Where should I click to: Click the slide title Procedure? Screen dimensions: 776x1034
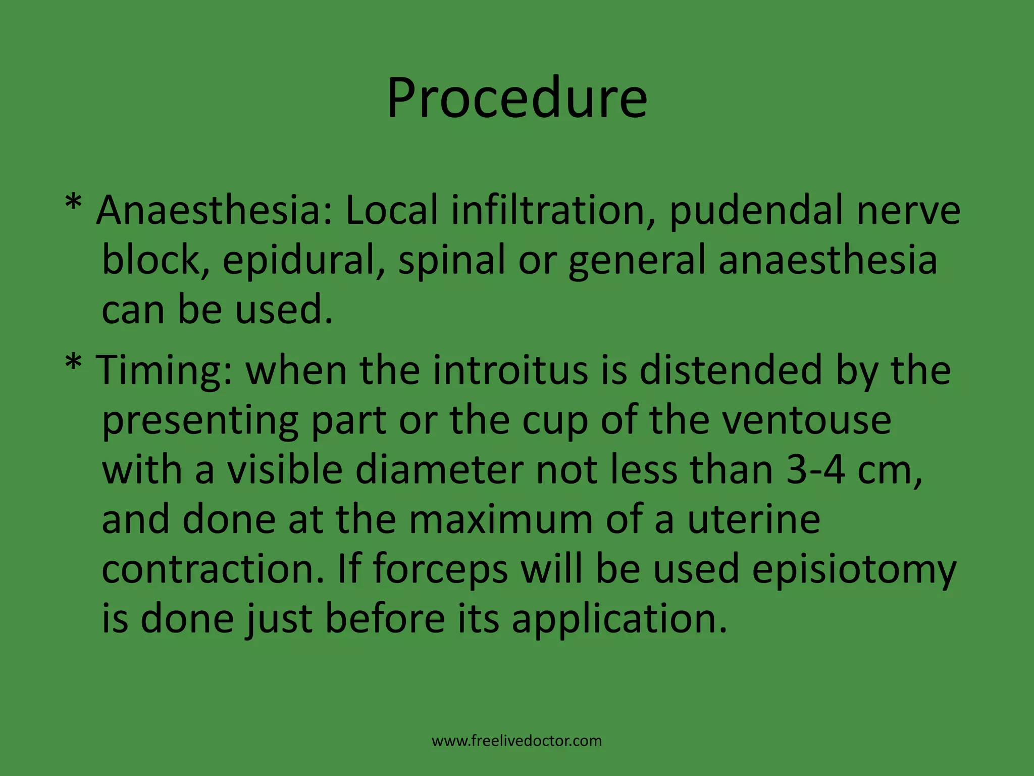pos(516,98)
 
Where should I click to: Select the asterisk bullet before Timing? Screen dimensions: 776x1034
pos(73,365)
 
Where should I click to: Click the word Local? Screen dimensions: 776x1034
pos(391,211)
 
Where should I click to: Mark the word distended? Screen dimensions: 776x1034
pos(731,370)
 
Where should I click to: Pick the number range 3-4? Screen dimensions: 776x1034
pos(815,470)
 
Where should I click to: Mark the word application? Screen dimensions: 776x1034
pos(619,620)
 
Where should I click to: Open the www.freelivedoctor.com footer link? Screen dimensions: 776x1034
pos(516,741)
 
